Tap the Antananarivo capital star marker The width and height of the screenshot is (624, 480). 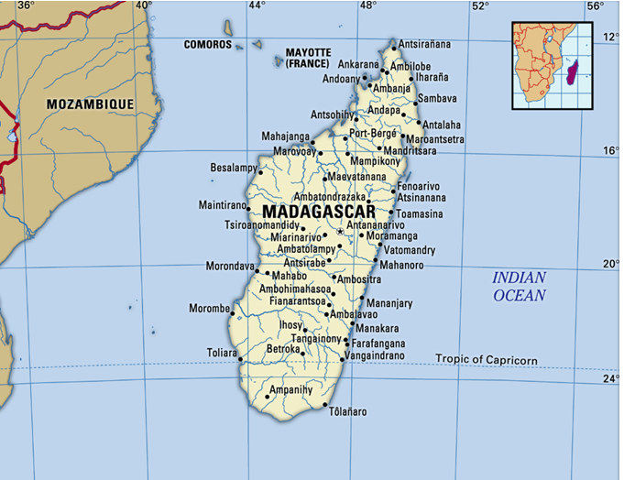tap(340, 232)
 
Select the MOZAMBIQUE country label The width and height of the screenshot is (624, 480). tap(91, 104)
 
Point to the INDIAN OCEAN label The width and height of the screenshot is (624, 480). tap(520, 286)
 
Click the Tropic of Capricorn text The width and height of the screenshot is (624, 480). tap(487, 359)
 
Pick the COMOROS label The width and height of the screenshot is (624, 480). tap(208, 44)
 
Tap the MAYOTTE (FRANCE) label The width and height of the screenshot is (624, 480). tap(308, 59)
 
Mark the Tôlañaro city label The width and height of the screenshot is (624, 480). tap(348, 412)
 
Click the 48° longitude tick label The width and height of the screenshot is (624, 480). tap(367, 5)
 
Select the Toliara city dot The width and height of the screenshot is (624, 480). tap(241, 359)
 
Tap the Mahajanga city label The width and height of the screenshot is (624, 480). tap(286, 136)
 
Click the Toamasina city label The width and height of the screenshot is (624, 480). tap(419, 213)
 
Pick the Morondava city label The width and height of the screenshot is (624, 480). tap(230, 267)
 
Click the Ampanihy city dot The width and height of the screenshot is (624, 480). tap(268, 397)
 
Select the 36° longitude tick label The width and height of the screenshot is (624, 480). tap(26, 5)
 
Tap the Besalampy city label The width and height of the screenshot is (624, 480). tap(233, 169)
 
